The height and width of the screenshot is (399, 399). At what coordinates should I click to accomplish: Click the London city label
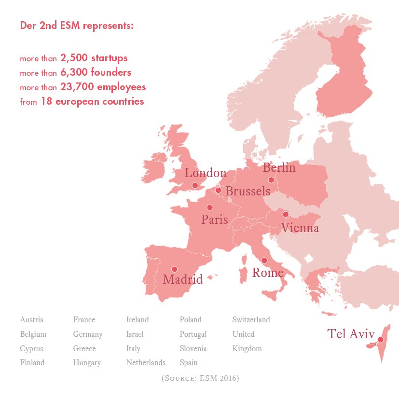pos(206,173)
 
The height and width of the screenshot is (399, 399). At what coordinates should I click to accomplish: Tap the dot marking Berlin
pos(271,179)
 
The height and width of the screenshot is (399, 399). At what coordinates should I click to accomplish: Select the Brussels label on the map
pos(248,192)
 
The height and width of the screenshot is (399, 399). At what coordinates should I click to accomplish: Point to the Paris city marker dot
pos(209,207)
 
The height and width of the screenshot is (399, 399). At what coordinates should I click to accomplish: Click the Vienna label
pos(300,228)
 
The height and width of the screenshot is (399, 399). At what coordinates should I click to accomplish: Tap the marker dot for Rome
pos(264,261)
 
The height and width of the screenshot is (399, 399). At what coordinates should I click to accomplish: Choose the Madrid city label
pos(182,279)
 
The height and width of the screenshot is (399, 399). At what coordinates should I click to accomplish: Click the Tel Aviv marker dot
pos(380,340)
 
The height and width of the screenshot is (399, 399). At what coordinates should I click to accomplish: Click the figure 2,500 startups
pos(94,58)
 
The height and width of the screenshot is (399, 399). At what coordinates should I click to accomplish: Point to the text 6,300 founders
pos(96,73)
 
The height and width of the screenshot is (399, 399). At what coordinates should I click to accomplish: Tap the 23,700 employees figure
pos(103,87)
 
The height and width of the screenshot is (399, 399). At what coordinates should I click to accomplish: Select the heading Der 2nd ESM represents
pos(77,26)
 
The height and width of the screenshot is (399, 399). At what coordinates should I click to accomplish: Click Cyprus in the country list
pos(31,349)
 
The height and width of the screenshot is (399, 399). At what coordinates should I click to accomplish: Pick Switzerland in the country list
pos(251,320)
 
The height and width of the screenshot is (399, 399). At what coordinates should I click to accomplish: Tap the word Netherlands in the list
pos(146,363)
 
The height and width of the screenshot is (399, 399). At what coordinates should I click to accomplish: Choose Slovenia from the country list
pos(193,349)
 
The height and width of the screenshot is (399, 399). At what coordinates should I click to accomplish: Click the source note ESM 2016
pos(200,378)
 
